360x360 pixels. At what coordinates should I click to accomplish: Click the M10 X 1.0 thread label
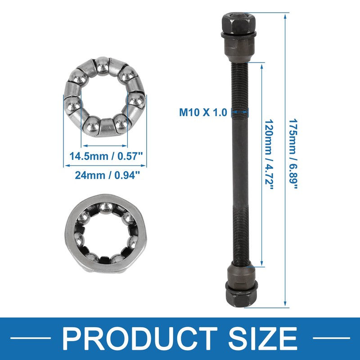click(203, 112)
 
